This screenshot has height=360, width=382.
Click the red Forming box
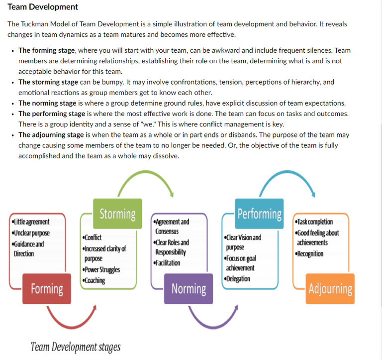click(x=47, y=289)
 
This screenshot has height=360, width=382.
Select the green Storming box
click(x=117, y=214)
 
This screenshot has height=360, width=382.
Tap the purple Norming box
click(x=189, y=289)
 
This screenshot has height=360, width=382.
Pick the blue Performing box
click(x=259, y=214)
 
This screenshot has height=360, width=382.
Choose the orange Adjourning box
click(x=330, y=289)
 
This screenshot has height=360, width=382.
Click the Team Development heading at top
click(x=43, y=7)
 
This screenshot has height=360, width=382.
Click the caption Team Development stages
click(x=76, y=347)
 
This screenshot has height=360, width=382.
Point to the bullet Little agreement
click(x=30, y=222)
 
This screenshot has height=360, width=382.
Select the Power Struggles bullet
click(x=101, y=269)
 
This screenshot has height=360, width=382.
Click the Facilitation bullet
click(x=167, y=263)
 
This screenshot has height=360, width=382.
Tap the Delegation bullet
click(x=237, y=279)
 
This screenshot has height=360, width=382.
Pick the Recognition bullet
click(x=309, y=254)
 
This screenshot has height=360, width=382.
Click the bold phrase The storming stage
click(x=48, y=82)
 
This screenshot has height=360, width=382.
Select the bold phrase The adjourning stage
click(x=51, y=134)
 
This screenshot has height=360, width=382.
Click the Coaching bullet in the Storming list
click(x=94, y=280)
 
